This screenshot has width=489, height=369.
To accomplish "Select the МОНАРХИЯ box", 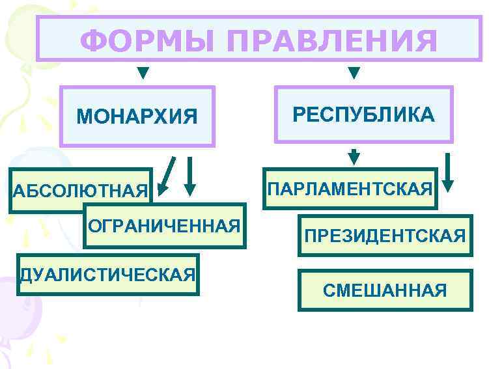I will point(137,116).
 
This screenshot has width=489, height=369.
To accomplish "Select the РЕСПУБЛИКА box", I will point(363,115).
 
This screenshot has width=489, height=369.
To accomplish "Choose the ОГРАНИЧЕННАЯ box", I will point(164,226).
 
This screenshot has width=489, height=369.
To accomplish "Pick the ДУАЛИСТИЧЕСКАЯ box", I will point(107,274).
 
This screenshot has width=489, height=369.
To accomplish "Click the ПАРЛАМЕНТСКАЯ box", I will point(350,189).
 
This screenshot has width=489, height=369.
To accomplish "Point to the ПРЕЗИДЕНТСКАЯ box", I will point(385,235).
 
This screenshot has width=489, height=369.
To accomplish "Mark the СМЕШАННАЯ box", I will point(385,290).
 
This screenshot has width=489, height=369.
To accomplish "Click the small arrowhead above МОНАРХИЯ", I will point(143,72).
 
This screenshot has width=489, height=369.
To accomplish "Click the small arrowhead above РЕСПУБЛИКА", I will point(354,72).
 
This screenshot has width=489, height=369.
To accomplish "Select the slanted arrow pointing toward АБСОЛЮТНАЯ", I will point(168,175).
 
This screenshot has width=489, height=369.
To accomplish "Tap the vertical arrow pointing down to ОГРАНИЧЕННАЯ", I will point(189,176).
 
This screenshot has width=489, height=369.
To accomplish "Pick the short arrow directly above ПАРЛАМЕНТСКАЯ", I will point(354,157).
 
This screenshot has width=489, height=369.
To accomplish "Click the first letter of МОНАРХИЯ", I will point(84,117).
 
